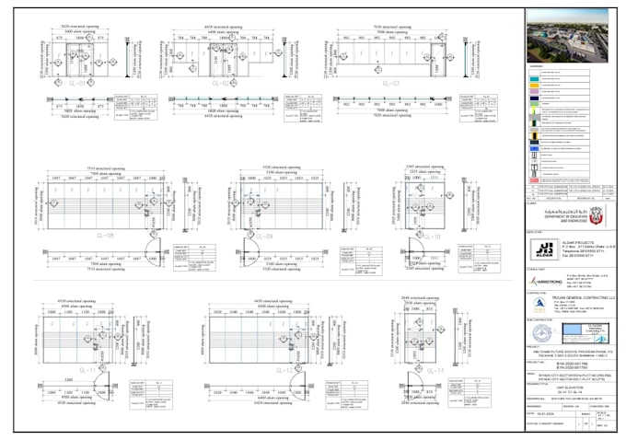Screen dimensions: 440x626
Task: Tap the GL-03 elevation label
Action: click(x=389, y=83)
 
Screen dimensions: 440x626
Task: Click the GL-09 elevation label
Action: click(x=263, y=236)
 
